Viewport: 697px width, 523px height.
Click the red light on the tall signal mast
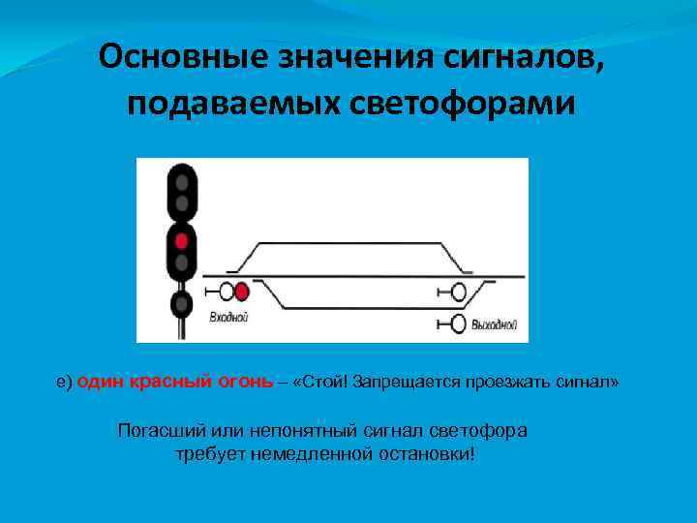[181, 238]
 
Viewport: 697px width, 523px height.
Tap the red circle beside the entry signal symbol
[242, 290]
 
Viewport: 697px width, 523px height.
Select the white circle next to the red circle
[227, 290]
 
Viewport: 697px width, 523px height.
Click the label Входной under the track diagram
[229, 316]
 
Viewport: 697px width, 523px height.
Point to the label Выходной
[494, 324]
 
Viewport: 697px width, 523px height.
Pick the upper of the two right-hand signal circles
[458, 291]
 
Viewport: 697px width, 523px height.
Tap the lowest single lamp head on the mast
[181, 304]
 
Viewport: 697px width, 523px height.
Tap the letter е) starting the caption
[64, 383]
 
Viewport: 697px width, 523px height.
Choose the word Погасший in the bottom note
[159, 430]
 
